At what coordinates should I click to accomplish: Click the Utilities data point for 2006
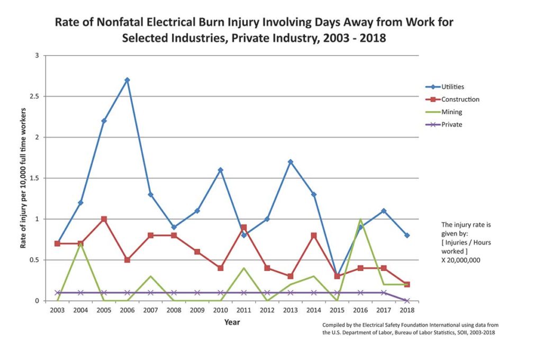(x=127, y=80)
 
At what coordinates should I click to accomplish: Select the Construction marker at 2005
(x=104, y=219)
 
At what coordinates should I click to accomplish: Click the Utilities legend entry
(x=453, y=86)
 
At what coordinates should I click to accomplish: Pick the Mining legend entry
(x=451, y=112)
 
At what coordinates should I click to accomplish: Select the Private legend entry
(x=451, y=124)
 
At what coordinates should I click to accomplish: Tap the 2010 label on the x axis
(x=220, y=310)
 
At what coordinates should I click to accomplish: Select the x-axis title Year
(x=231, y=322)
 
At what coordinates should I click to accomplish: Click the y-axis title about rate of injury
(x=23, y=178)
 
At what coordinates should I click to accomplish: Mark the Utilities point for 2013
(x=290, y=162)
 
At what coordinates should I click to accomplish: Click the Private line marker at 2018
(x=406, y=301)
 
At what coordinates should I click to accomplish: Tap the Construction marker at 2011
(x=243, y=227)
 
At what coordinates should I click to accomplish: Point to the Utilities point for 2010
(x=220, y=170)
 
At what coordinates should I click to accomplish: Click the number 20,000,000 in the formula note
(x=464, y=260)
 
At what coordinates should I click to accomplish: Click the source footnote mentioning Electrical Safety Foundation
(x=410, y=328)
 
